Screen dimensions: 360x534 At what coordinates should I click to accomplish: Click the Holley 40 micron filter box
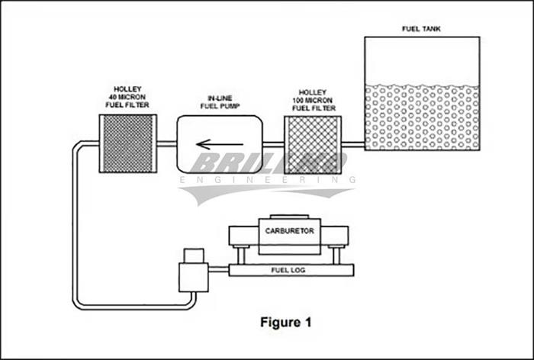pos(129,143)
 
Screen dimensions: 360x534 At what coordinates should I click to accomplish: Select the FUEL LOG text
pos(285,271)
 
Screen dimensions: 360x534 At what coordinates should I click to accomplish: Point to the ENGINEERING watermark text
pos(267,180)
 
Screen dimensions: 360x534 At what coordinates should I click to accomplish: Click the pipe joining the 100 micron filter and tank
pos(352,143)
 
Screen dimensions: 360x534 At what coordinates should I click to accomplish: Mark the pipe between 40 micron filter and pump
pos(167,143)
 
